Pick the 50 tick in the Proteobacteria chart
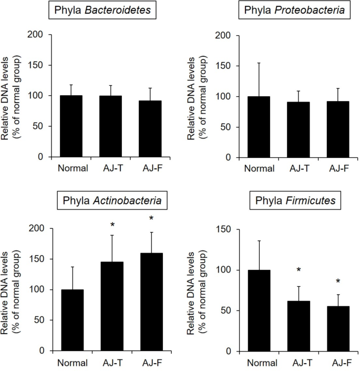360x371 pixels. (x=228, y=127)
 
